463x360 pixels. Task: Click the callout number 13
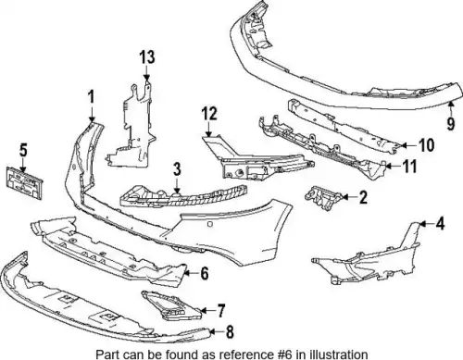pos(147,57)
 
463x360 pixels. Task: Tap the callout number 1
pos(91,96)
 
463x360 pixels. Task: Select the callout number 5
pos(23,150)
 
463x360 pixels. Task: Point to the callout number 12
pos(209,114)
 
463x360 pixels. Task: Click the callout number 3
pos(177,169)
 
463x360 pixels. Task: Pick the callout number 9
pos(451,123)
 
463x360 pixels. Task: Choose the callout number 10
pos(427,145)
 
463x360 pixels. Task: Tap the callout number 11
pos(410,167)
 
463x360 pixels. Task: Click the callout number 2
pos(363,197)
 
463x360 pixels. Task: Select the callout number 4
pos(440,223)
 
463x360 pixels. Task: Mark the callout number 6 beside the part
pos(205,273)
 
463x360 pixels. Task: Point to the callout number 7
pos(221,311)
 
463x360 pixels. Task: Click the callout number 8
pos(230,332)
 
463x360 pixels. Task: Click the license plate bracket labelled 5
pos(24,183)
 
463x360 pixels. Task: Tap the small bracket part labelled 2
pos(323,198)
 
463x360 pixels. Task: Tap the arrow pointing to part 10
pos(409,144)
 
